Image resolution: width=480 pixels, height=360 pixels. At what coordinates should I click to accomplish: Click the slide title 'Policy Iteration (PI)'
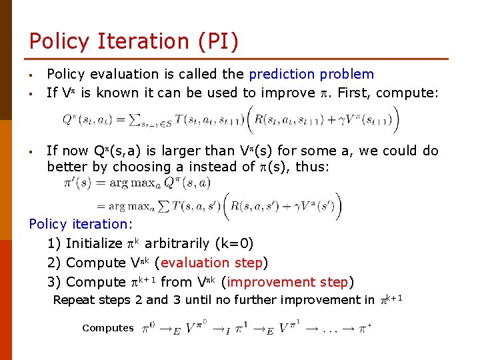[x=133, y=41]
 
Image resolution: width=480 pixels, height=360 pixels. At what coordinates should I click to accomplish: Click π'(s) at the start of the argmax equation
[x=78, y=182]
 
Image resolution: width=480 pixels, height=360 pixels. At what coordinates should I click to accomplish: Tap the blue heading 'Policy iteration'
[x=77, y=225]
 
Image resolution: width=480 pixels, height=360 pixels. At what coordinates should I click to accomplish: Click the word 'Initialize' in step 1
[x=94, y=243]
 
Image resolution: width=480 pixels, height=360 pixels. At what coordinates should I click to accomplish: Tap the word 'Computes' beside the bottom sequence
[x=107, y=328]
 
